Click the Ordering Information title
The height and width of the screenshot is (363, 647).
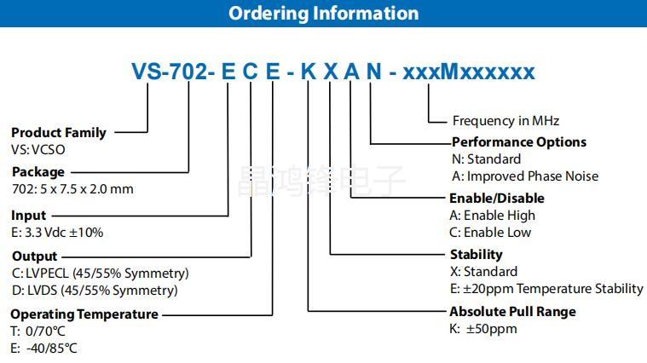[x=323, y=14]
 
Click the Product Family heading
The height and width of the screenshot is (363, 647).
[x=59, y=132]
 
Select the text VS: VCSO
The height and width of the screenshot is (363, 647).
[x=38, y=149]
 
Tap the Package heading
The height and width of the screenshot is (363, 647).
[x=38, y=171]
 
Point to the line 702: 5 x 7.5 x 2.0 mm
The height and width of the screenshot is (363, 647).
[x=72, y=188]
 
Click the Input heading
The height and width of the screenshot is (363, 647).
[x=29, y=216]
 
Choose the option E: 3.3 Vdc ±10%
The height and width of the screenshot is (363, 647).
[x=57, y=232]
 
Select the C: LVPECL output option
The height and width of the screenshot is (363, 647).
[x=100, y=273]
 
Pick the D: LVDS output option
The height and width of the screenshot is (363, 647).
[x=94, y=290]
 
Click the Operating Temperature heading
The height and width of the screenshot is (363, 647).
[x=84, y=314]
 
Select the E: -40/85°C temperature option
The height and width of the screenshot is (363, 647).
[x=44, y=348]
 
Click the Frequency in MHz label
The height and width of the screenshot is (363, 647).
[x=505, y=121]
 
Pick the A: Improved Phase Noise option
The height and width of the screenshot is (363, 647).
[x=524, y=176]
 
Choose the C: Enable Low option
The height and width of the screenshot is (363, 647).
[x=490, y=232]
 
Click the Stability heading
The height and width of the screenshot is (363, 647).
[x=477, y=254]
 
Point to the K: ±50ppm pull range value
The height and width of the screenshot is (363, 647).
[x=483, y=328]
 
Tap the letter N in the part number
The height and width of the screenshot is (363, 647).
[x=373, y=72]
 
